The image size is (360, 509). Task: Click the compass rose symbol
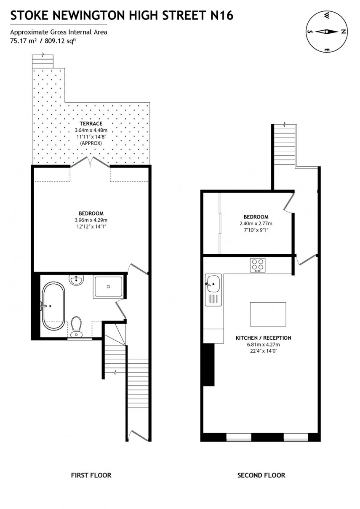[x=326, y=32]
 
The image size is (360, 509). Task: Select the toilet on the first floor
[x=77, y=327]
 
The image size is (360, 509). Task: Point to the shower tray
[x=108, y=287]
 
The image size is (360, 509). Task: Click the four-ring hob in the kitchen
[x=258, y=265]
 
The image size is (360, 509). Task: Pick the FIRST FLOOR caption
[x=91, y=475]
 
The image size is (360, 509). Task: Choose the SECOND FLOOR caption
[x=261, y=475]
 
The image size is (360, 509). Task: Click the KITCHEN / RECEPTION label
[x=263, y=338]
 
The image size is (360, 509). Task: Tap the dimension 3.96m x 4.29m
[x=91, y=220]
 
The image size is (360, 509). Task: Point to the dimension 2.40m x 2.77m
[x=256, y=224]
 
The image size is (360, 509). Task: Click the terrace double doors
[x=90, y=163]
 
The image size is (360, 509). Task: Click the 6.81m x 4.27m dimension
[x=263, y=344]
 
